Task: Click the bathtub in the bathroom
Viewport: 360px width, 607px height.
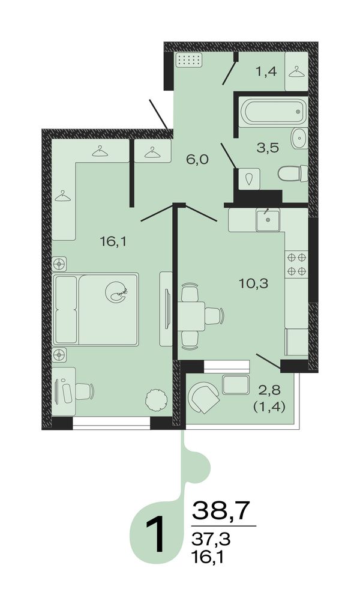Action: click(274, 111)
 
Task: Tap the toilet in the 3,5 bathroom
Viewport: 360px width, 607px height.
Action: click(293, 173)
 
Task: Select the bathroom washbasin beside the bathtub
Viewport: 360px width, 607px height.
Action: click(299, 138)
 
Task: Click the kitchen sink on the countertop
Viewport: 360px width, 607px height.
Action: click(268, 220)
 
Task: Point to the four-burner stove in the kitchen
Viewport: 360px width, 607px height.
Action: click(296, 264)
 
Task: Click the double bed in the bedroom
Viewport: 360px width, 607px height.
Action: click(96, 309)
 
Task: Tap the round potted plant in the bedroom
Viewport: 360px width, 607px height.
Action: click(156, 399)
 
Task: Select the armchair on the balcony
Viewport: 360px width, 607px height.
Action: click(204, 397)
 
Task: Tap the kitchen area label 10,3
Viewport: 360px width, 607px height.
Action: click(253, 284)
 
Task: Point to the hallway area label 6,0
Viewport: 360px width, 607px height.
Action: click(197, 159)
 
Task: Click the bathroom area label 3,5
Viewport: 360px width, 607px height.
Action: click(268, 148)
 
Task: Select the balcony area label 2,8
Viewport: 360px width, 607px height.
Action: click(269, 390)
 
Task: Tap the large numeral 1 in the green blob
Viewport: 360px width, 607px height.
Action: click(157, 535)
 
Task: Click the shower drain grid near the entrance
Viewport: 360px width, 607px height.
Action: click(189, 61)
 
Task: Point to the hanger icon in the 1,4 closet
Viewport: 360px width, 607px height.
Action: click(296, 71)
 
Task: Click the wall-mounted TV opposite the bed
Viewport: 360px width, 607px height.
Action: click(167, 309)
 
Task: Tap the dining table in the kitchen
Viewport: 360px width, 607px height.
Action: click(191, 316)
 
